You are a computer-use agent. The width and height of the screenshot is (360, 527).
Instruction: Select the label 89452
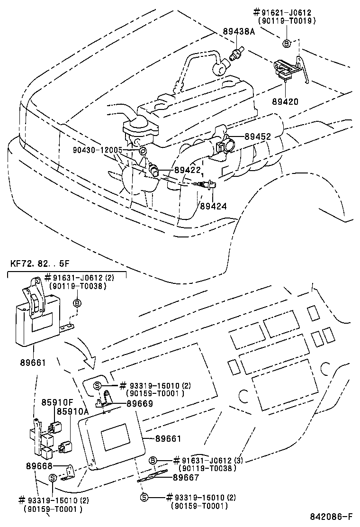coord(258,136)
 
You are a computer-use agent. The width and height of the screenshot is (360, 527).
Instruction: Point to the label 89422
coord(187,170)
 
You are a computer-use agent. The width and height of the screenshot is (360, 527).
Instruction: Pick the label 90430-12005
coord(98,150)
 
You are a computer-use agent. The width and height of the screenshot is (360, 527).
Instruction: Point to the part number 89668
coord(42,466)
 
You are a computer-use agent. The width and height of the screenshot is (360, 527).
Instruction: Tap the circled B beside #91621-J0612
coord(287,43)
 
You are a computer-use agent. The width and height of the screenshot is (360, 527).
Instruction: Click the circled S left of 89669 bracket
coord(97,385)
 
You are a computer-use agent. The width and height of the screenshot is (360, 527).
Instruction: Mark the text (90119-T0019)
coord(288,21)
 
